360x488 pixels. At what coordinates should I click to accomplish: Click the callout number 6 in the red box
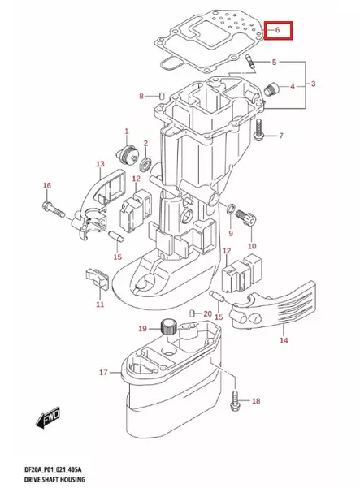[x=277, y=30]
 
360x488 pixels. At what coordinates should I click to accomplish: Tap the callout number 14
[x=284, y=341]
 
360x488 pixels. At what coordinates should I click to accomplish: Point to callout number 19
[x=142, y=329]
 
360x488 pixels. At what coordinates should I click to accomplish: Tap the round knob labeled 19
[x=169, y=327]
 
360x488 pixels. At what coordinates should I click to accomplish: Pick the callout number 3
[x=314, y=84]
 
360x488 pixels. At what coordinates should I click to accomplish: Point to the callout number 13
[x=99, y=165]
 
